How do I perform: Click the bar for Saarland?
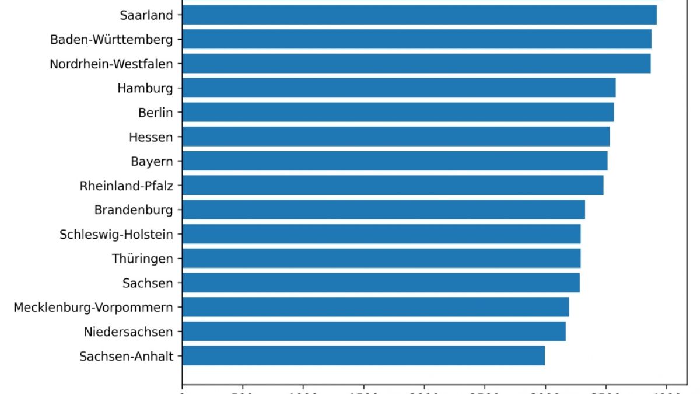click(419, 15)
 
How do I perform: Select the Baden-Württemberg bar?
click(416, 39)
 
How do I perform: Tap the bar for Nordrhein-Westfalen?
click(416, 64)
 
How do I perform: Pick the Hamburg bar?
click(399, 88)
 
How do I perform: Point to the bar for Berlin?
click(398, 112)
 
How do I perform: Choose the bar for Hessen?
click(396, 137)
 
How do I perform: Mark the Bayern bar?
click(395, 161)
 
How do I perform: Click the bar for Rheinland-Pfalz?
click(393, 185)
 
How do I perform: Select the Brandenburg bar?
click(383, 210)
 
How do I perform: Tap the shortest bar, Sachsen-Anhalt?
click(363, 355)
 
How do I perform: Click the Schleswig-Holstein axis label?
click(116, 234)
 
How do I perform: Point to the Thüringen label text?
click(142, 259)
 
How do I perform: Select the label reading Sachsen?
click(148, 283)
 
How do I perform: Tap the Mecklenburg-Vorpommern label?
click(93, 307)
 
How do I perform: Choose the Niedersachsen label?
click(128, 332)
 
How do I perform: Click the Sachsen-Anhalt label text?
click(126, 356)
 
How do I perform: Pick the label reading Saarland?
click(146, 15)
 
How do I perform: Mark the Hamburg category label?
click(145, 88)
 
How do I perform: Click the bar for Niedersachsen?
click(374, 332)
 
